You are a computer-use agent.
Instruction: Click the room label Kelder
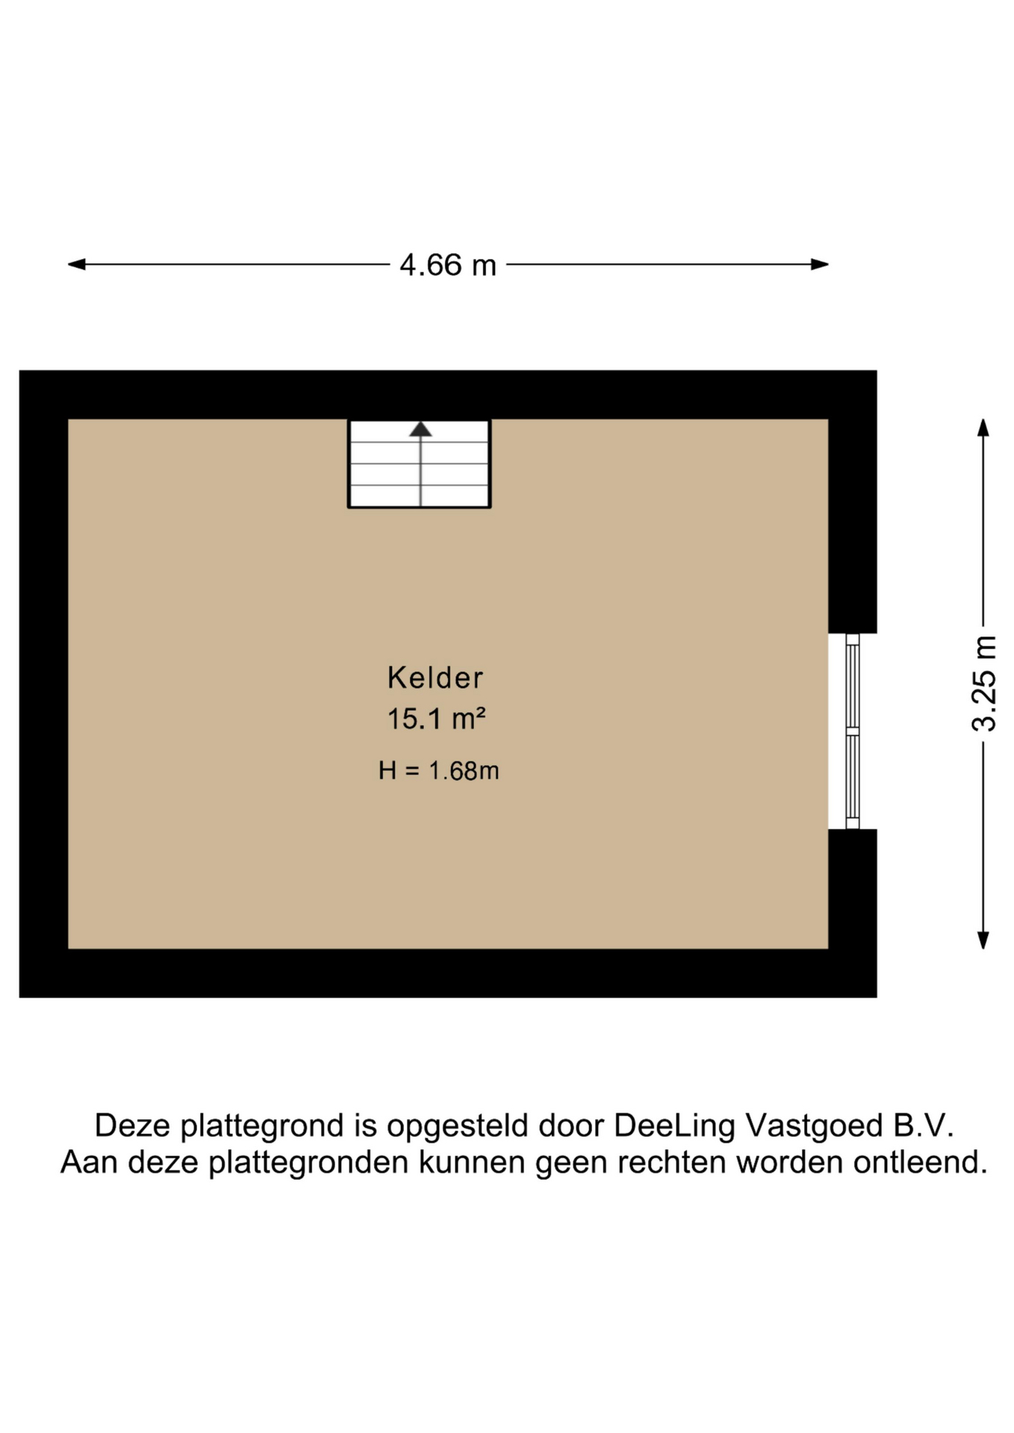[435, 678]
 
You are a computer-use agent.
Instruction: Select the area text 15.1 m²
[437, 719]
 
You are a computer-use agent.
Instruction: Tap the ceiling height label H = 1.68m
[438, 770]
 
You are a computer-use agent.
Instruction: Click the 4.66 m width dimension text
[448, 265]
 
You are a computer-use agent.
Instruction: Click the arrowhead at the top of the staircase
[420, 429]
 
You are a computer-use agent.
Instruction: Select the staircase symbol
[419, 463]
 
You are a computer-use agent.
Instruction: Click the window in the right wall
[852, 731]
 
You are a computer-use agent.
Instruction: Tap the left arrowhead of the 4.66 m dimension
[76, 264]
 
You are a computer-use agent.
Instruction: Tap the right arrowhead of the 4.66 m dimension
[820, 264]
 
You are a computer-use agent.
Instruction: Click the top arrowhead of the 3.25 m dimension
[983, 428]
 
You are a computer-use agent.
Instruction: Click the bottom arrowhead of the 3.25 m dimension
[983, 940]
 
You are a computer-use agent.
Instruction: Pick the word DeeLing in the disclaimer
[674, 1126]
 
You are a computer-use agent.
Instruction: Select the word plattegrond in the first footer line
[263, 1126]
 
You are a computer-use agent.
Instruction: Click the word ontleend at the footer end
[921, 1163]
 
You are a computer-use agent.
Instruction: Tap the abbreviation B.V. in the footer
[920, 1126]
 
